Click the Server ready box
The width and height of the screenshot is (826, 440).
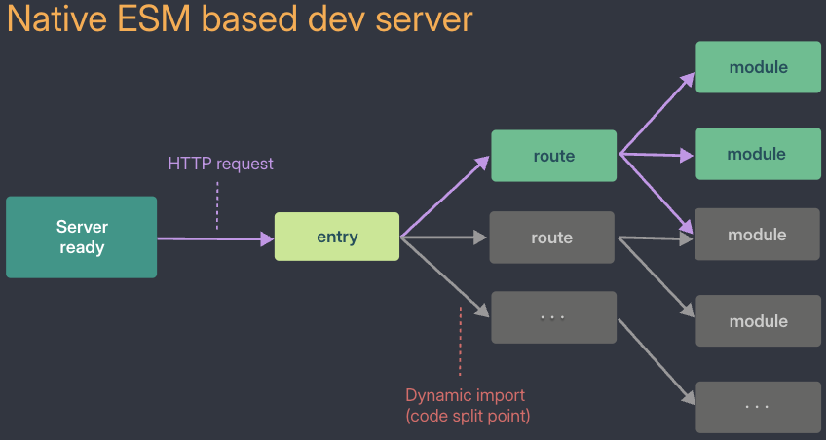(x=81, y=237)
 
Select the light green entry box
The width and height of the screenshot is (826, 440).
(x=337, y=237)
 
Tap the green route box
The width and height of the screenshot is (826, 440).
(x=553, y=156)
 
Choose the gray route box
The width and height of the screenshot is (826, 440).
(x=551, y=238)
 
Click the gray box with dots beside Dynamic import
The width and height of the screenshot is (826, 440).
(x=553, y=317)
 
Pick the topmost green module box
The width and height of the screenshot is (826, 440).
(x=758, y=67)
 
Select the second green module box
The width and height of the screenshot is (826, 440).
(x=757, y=154)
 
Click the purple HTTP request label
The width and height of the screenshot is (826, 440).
(x=221, y=164)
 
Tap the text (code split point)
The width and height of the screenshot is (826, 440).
(x=468, y=416)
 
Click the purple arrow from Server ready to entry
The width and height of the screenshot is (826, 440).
(x=216, y=238)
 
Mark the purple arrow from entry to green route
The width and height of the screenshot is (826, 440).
(x=445, y=197)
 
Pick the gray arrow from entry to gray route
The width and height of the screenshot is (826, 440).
(x=443, y=238)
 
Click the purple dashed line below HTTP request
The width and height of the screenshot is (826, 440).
(x=217, y=205)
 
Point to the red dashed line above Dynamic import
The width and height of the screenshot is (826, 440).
(x=460, y=341)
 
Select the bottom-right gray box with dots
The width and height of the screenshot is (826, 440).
(x=758, y=407)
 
